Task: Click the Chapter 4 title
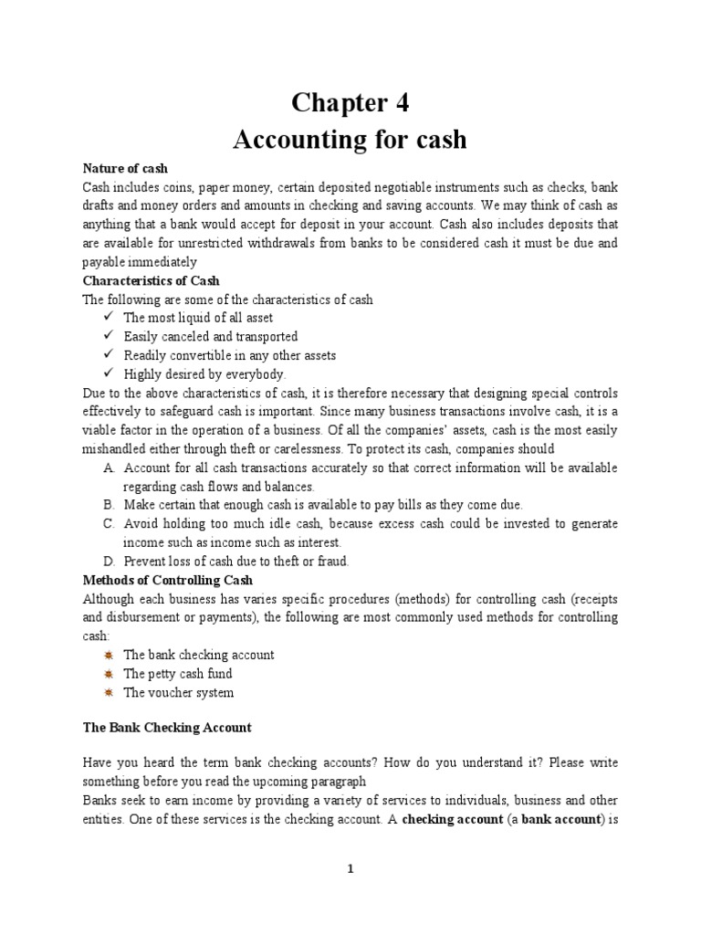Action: [350, 103]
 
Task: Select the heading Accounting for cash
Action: [350, 140]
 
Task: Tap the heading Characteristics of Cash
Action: [151, 280]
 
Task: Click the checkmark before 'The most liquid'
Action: [108, 318]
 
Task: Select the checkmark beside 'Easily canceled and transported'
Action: [108, 337]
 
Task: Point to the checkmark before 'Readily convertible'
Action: [108, 355]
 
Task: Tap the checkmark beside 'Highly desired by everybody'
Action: [108, 374]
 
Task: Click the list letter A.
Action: [109, 467]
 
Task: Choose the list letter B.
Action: [109, 505]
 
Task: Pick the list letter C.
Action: [109, 524]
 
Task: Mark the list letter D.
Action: [109, 562]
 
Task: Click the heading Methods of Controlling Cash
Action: [168, 580]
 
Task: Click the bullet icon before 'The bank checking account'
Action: [109, 655]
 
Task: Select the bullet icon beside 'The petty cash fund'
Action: [109, 674]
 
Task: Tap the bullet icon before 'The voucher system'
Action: [109, 692]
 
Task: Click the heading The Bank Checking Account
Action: [167, 728]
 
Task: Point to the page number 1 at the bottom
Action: [350, 869]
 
